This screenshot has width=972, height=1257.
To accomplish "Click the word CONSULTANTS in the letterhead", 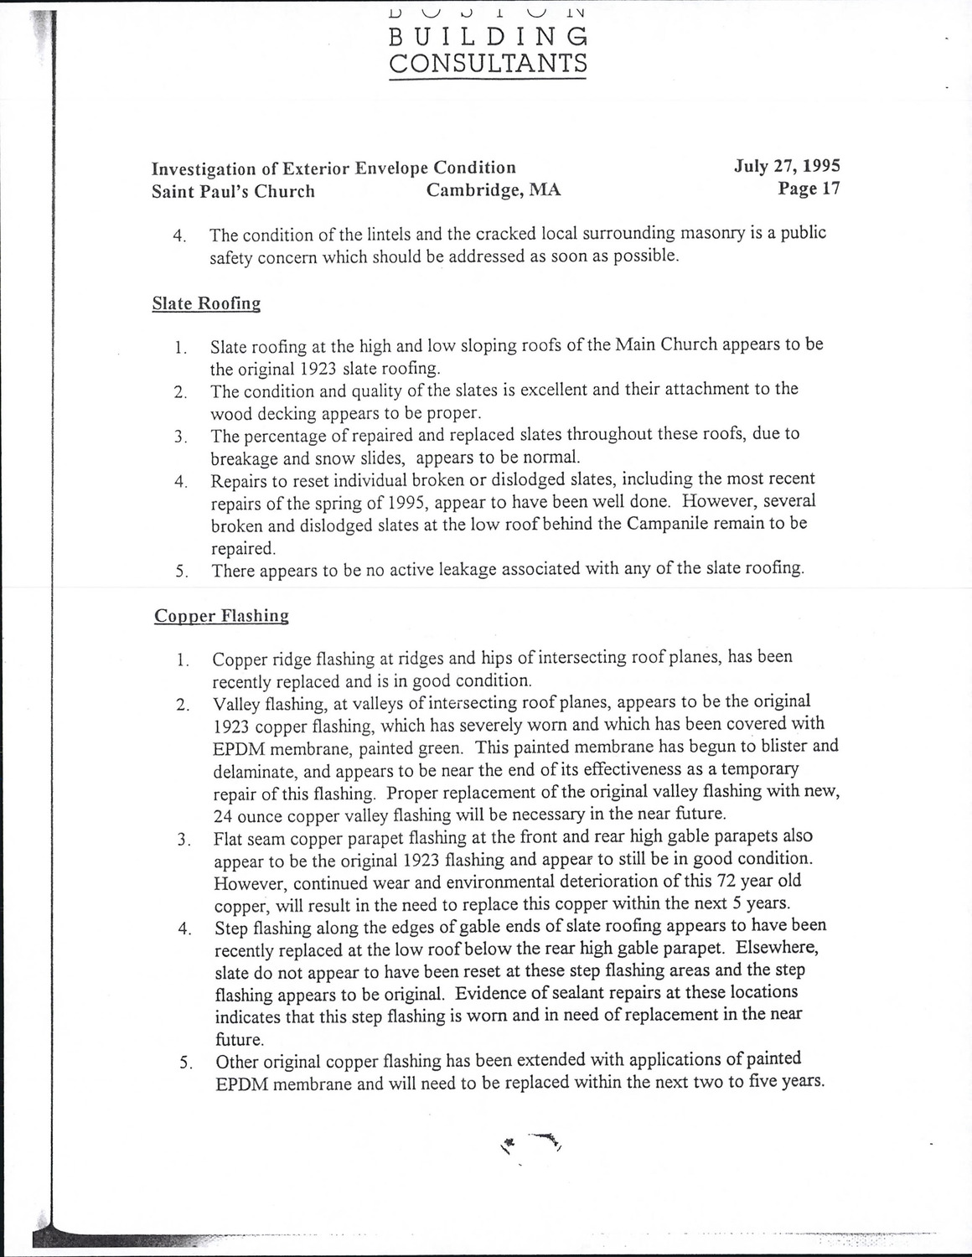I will click(489, 63).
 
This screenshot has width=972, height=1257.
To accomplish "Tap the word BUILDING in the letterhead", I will click(489, 36).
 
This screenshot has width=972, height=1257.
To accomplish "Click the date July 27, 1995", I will click(787, 166).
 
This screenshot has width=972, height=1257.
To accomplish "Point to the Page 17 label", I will click(809, 189).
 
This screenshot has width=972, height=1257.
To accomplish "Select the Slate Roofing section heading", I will click(206, 303).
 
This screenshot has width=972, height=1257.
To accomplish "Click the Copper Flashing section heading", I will click(221, 616).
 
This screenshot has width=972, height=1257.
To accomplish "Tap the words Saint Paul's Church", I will click(233, 191).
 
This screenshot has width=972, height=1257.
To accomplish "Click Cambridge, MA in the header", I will click(494, 190).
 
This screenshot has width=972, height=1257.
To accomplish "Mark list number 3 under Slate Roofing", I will click(180, 437).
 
